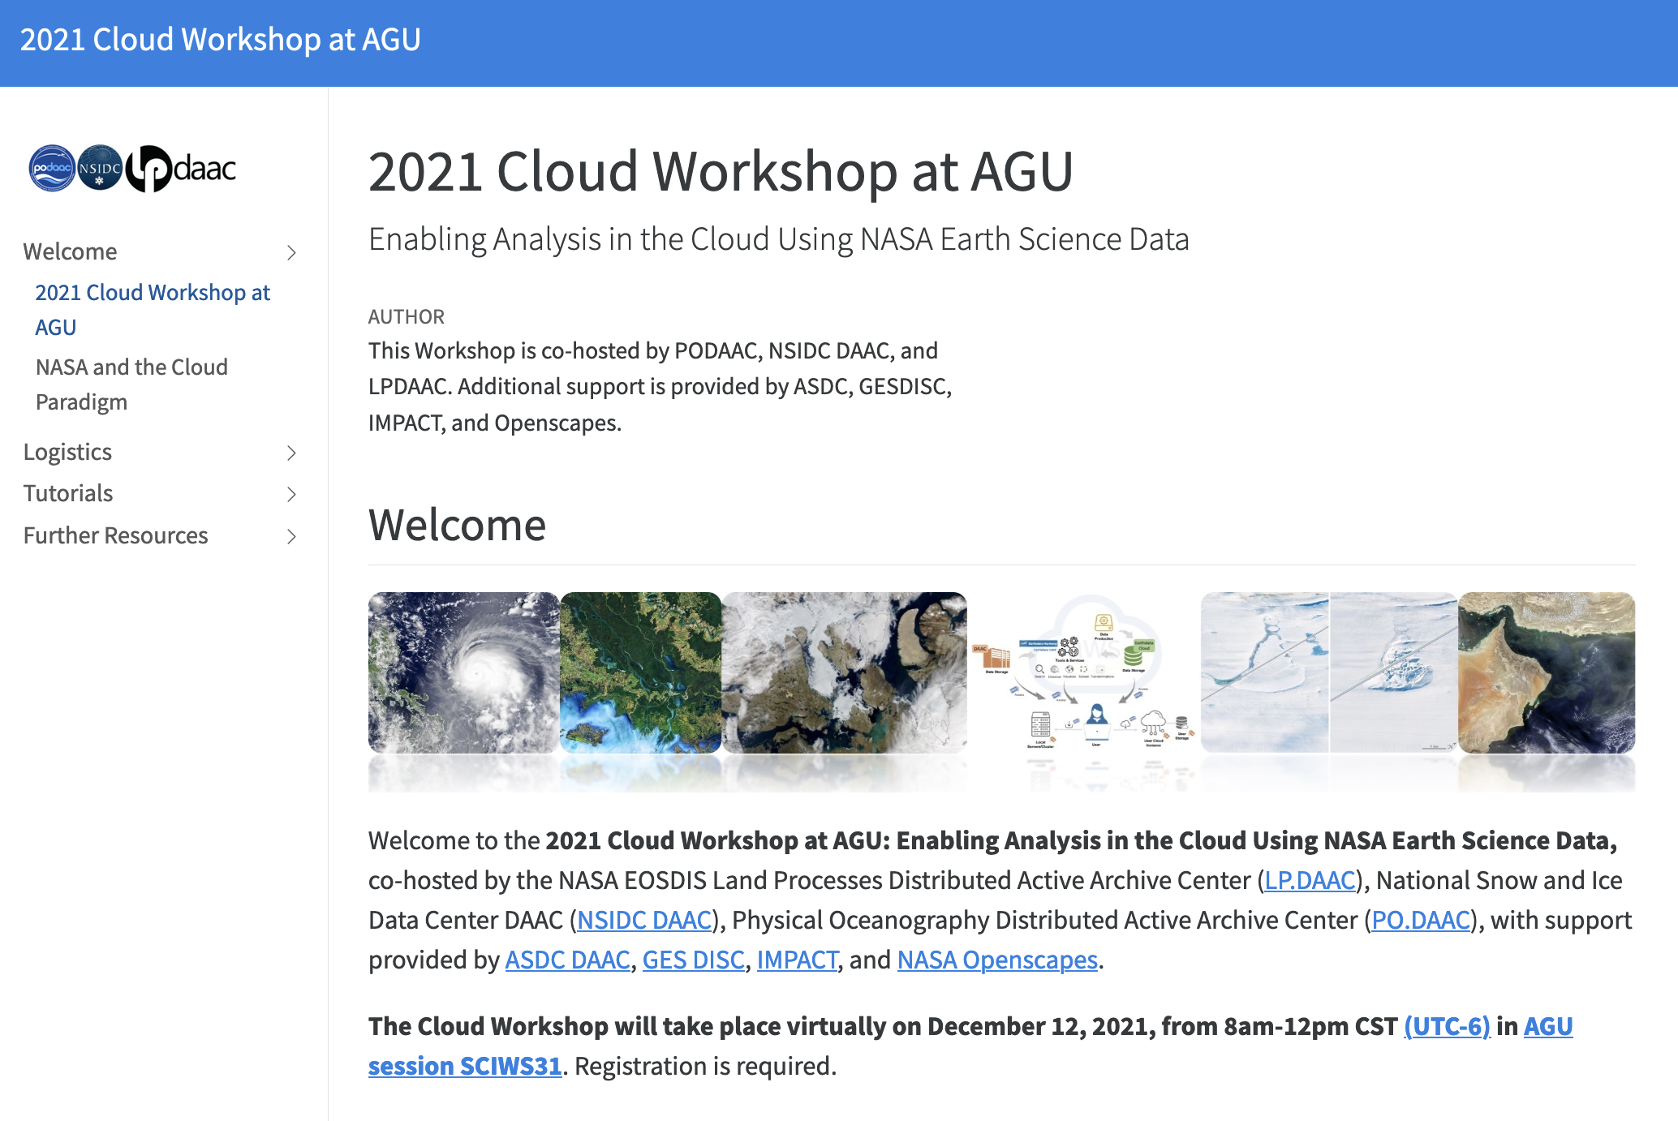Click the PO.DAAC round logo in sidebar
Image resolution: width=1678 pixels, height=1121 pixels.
(x=52, y=169)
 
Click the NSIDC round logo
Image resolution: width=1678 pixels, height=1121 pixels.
(x=100, y=169)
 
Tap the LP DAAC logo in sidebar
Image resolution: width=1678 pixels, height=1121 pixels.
(x=181, y=169)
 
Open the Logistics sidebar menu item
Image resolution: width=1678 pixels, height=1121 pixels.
(x=68, y=452)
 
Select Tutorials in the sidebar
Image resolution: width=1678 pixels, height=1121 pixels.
(x=68, y=493)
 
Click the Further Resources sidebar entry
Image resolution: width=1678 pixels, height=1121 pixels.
(x=116, y=535)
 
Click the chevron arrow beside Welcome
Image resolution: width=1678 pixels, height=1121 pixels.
(x=292, y=252)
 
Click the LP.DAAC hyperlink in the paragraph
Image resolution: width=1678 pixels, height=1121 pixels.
(x=1310, y=880)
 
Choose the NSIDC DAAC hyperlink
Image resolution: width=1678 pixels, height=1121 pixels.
(x=644, y=920)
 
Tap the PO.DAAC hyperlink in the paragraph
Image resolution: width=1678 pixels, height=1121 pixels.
(x=1421, y=920)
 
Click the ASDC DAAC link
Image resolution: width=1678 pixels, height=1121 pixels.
(x=567, y=960)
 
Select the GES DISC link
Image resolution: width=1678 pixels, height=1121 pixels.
(x=693, y=960)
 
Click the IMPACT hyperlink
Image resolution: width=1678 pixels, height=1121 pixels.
(x=797, y=960)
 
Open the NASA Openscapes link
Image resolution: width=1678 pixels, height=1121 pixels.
(x=997, y=960)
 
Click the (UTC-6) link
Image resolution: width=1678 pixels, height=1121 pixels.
(x=1447, y=1026)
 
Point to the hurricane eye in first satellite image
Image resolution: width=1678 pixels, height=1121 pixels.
(x=475, y=672)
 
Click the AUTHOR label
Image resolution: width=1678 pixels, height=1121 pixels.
(x=407, y=316)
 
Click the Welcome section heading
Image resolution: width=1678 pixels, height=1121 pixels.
(x=457, y=525)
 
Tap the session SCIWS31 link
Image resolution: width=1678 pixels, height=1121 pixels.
(x=465, y=1066)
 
